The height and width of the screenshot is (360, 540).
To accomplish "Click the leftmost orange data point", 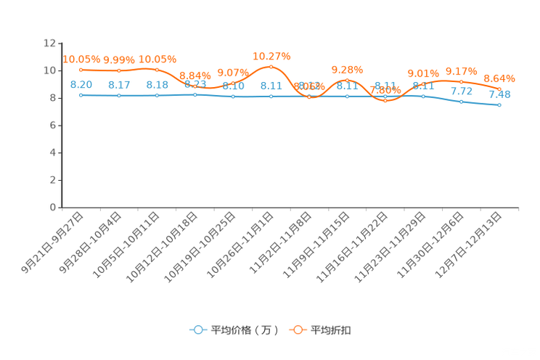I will pyautogui.click(x=81, y=70).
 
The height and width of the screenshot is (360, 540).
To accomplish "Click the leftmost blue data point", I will pyautogui.click(x=81, y=95).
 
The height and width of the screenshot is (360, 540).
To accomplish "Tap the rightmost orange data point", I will pyautogui.click(x=500, y=89).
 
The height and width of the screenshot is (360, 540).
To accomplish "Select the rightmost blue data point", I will pyautogui.click(x=500, y=105).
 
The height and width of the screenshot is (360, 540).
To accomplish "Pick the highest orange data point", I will pyautogui.click(x=271, y=67).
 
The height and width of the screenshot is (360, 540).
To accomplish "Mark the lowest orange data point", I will pyautogui.click(x=385, y=101).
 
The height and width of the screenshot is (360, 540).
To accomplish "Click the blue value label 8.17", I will pyautogui.click(x=118, y=84).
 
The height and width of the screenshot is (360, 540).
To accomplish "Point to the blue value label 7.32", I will pyautogui.click(x=462, y=91).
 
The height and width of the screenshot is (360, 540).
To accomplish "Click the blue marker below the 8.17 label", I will pyautogui.click(x=118, y=96).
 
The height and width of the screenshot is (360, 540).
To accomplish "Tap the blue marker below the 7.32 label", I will pyautogui.click(x=462, y=102).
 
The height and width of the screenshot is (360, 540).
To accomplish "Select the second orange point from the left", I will pyautogui.click(x=118, y=70).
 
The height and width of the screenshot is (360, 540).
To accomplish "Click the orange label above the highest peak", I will pyautogui.click(x=271, y=55).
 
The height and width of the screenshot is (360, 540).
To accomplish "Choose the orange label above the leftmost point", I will pyautogui.click(x=81, y=59).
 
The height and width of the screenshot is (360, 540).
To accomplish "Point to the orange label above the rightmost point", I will pyautogui.click(x=499, y=78).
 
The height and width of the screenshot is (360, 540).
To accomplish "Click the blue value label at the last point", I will pyautogui.click(x=500, y=95).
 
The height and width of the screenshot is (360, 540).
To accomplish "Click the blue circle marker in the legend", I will pyautogui.click(x=197, y=330).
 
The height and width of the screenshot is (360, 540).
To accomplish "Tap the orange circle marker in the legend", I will pyautogui.click(x=298, y=330).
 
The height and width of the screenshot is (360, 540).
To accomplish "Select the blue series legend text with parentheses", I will pyautogui.click(x=245, y=330).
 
